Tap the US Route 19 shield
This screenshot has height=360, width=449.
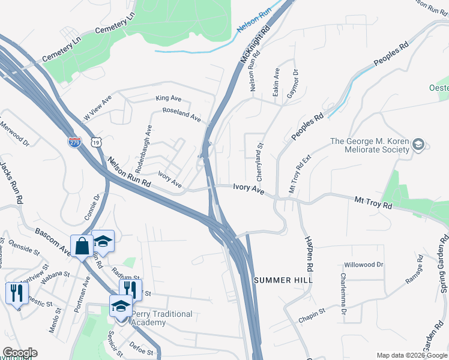coord(97,142)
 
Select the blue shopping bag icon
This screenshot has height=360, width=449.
coord(80,245)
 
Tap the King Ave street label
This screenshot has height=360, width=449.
coord(168,98)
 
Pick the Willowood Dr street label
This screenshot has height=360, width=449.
coord(363,265)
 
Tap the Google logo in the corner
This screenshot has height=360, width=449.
coord(20,353)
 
